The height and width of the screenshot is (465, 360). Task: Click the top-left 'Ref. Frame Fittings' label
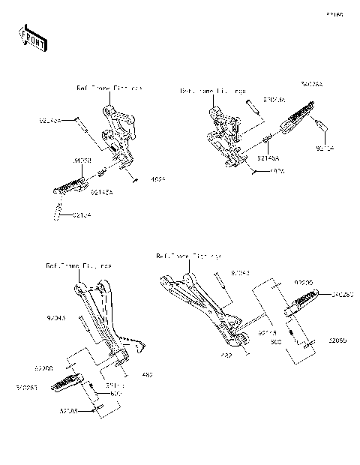tap(109, 88)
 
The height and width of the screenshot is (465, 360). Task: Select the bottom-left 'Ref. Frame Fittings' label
tap(79, 265)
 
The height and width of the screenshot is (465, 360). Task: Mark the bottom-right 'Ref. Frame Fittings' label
tap(187, 256)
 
